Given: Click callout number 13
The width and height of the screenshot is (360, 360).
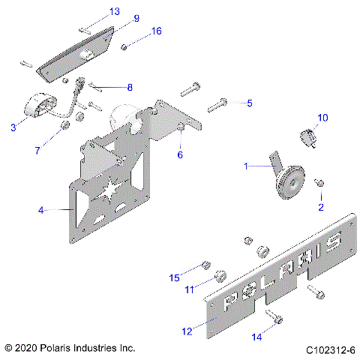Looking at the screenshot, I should click(x=115, y=11).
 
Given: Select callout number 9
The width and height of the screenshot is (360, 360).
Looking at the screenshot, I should click(x=136, y=18).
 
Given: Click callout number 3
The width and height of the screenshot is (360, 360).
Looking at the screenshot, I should click(x=13, y=128).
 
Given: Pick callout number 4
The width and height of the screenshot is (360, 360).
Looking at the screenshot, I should click(x=42, y=211).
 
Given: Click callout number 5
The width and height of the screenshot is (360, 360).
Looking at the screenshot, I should click(x=250, y=103).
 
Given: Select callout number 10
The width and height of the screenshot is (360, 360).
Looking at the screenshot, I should click(x=322, y=118).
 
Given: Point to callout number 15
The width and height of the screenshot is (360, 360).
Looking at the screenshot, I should click(x=174, y=277).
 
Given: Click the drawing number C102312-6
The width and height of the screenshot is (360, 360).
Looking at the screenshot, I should click(x=331, y=349).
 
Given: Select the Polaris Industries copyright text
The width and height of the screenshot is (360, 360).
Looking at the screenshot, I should click(x=69, y=349).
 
